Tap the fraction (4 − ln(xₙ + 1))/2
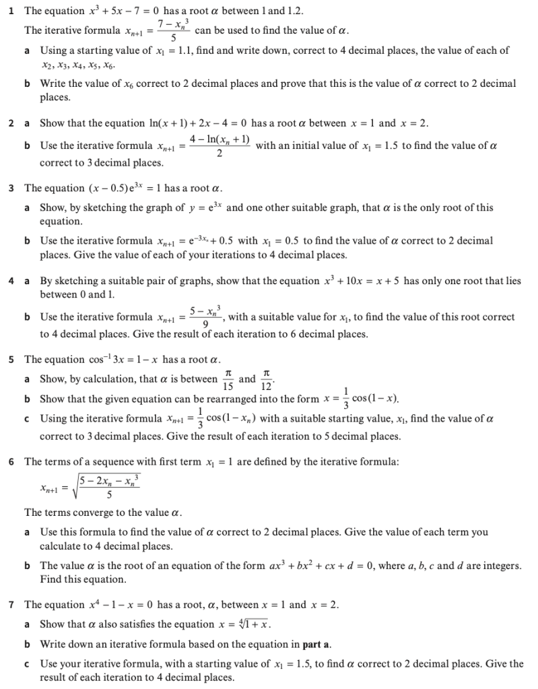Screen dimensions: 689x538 [x=220, y=146]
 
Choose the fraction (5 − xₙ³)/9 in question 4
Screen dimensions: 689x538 [x=207, y=317]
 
